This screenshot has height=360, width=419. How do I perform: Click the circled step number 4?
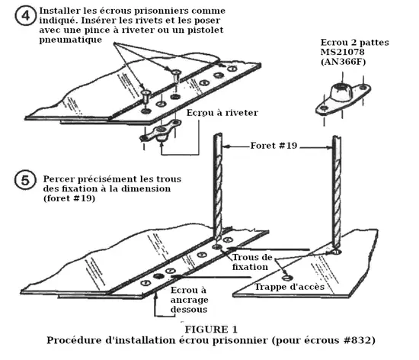point(25,15)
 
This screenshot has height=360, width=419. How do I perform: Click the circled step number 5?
point(25,180)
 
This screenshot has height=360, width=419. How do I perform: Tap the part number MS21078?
point(342,52)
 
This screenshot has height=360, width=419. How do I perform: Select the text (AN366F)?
point(343,62)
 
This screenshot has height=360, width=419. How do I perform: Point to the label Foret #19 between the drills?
point(273,146)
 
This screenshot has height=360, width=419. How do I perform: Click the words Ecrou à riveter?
point(222,113)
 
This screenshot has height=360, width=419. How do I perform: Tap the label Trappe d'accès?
point(289,287)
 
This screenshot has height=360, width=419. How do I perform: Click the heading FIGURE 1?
point(211,329)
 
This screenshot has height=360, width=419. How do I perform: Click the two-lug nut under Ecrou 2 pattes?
point(343,98)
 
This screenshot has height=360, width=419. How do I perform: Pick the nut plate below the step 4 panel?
point(160,131)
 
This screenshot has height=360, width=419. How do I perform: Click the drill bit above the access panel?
point(337,191)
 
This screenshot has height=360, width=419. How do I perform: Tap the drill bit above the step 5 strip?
point(218,186)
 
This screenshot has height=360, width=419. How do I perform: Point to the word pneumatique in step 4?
point(71,40)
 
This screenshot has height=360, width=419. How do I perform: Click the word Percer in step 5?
point(59,179)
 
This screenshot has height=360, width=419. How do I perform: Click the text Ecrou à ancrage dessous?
point(189,300)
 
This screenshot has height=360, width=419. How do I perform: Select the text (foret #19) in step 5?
point(69,198)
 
